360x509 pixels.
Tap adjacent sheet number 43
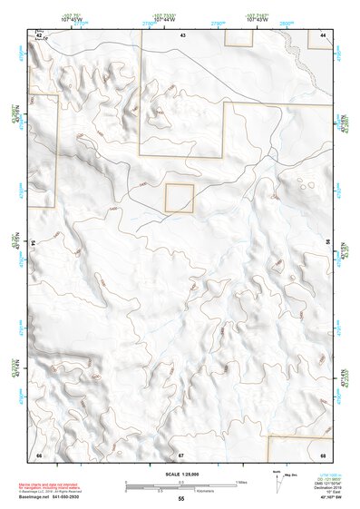coord(181,34)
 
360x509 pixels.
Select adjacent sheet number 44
coord(323,34)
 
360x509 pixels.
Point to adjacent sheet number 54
coord(34,244)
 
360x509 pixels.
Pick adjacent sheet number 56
coord(328,244)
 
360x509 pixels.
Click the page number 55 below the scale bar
coord(181,498)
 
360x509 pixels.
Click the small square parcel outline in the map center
coord(180,198)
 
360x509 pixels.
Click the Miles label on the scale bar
coord(241,481)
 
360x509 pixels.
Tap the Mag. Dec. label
coord(291,475)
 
